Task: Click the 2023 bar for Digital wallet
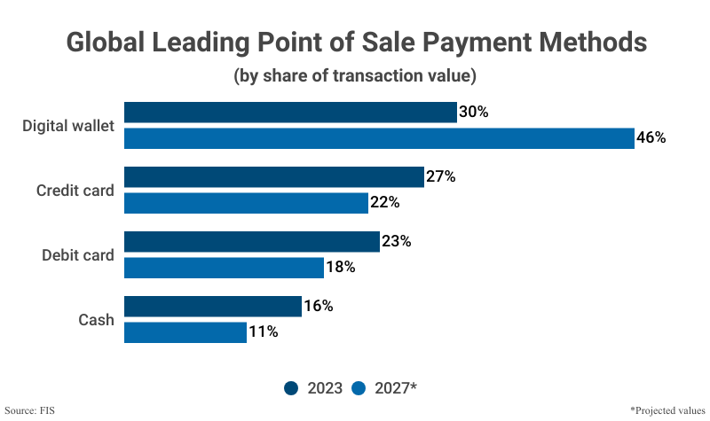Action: tap(290, 113)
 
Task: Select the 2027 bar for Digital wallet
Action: tap(379, 138)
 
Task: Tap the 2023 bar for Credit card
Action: tap(273, 177)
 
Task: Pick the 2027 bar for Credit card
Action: tap(246, 203)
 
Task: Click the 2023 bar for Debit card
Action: tap(251, 242)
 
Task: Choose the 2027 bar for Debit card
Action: tap(224, 268)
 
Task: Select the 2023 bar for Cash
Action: tap(213, 307)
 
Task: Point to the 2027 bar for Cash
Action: tap(185, 332)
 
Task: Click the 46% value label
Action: tap(651, 138)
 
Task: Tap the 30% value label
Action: tap(474, 113)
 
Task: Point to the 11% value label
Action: tap(263, 332)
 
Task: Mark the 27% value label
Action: tap(440, 177)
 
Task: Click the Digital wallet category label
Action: tap(68, 126)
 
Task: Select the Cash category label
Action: tap(96, 320)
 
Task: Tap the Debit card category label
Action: tap(78, 255)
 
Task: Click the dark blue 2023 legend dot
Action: tap(291, 387)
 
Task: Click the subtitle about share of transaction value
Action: tap(355, 76)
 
